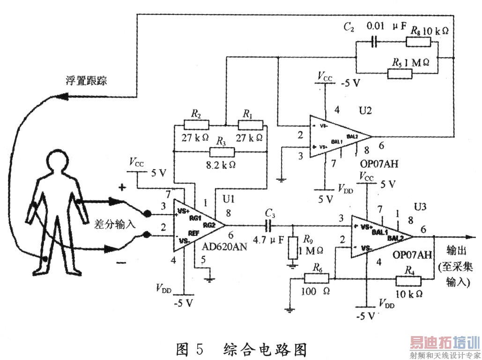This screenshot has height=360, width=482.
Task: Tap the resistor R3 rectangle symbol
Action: (222, 152)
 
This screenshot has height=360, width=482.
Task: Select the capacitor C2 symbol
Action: (374, 42)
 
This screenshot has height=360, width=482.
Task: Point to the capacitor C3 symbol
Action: (268, 225)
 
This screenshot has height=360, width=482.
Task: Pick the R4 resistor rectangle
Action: (408, 280)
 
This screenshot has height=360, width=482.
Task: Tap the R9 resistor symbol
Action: (293, 247)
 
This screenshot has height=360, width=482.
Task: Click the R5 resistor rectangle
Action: (401, 73)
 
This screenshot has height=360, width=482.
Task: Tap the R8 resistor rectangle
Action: (418, 42)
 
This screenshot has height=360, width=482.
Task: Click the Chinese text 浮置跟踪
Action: (86, 80)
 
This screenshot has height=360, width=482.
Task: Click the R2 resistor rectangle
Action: (196, 125)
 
